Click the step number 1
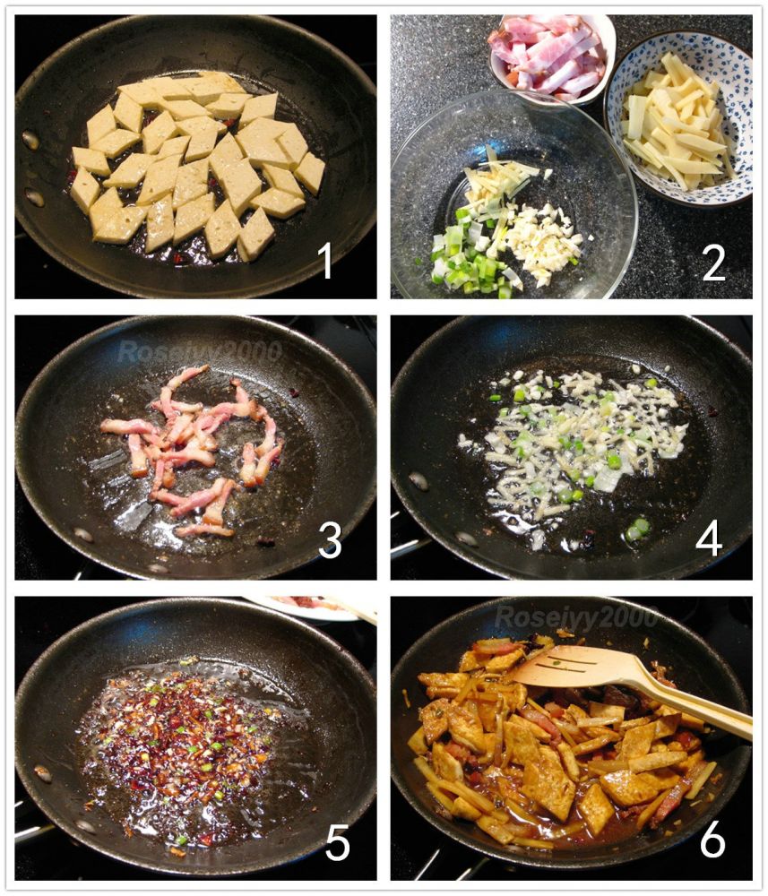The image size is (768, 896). click(325, 261)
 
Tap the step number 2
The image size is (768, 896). click(713, 263)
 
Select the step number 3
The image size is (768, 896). click(330, 540)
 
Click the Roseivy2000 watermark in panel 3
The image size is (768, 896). click(200, 351)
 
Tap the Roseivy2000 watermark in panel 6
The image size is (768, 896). click(576, 617)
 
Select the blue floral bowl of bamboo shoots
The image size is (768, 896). click(679, 119)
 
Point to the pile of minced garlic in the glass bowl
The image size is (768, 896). click(543, 243)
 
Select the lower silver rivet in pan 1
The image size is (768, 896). click(35, 198)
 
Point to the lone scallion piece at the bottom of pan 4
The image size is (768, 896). click(637, 530)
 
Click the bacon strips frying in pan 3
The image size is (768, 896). click(192, 452)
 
